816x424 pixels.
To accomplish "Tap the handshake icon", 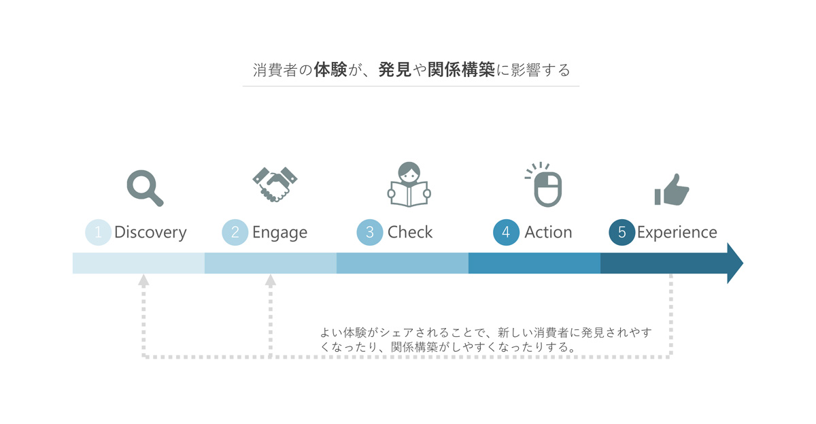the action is [x=275, y=184].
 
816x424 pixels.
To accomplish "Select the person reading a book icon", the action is [x=409, y=184].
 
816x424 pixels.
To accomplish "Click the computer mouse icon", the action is [x=544, y=184].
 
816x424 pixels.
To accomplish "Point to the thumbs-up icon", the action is [x=672, y=190].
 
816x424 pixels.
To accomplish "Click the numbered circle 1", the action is [x=98, y=232].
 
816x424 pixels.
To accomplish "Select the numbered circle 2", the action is [x=235, y=232].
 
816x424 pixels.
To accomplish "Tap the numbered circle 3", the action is [x=370, y=232].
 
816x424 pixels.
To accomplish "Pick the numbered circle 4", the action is [x=506, y=232].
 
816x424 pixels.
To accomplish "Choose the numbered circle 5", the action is [x=622, y=232].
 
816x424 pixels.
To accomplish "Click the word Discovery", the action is [x=150, y=233].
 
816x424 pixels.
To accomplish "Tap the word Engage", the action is [x=279, y=233].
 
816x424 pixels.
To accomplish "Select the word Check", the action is [x=410, y=232].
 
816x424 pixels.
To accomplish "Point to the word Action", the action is [x=548, y=232].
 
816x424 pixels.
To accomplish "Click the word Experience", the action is [x=677, y=233].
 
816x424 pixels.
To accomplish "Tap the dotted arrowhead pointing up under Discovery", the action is [x=143, y=280].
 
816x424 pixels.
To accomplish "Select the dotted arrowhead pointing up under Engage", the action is [x=271, y=280].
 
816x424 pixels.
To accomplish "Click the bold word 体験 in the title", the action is [x=330, y=69].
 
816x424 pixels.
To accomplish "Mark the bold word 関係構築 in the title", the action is [x=461, y=69].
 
